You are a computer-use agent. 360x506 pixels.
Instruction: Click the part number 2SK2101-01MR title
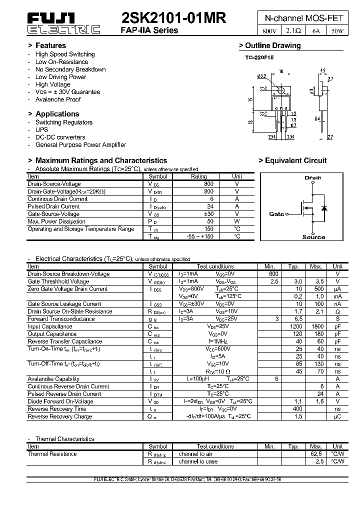(173, 18)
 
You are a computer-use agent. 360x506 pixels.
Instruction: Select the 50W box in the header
(337, 31)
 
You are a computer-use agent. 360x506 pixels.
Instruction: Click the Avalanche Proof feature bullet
(58, 99)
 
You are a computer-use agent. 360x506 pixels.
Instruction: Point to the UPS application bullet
(41, 129)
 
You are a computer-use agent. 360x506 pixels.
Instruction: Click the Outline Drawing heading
(273, 45)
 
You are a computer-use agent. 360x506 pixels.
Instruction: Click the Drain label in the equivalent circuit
(313, 177)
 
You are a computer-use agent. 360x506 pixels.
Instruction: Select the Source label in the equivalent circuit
(313, 237)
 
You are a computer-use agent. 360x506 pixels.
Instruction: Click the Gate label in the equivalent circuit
(276, 214)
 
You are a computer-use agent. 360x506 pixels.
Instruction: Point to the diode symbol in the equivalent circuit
(323, 207)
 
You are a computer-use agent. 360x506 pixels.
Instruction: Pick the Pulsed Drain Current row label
(53, 206)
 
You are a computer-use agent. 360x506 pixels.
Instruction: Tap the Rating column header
(199, 176)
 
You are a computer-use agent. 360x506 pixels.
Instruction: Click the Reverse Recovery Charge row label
(59, 416)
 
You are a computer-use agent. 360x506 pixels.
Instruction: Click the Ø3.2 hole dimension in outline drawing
(261, 76)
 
